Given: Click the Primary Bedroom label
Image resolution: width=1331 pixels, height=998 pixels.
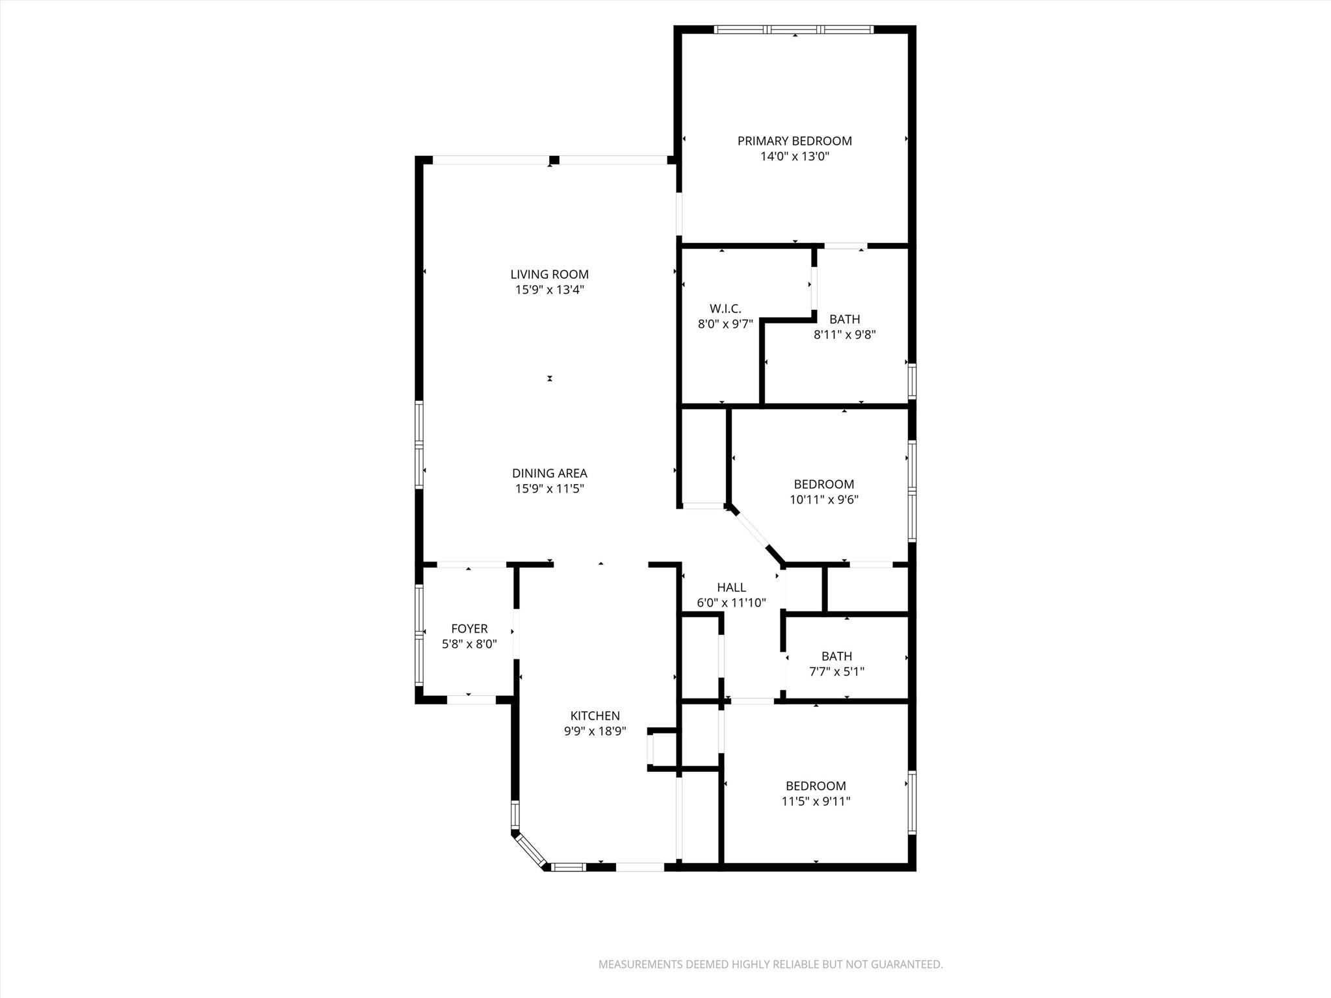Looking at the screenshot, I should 794,141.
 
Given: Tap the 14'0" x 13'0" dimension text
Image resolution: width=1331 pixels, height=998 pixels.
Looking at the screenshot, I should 794,157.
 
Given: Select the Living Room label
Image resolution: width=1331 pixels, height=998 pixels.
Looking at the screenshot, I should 549,275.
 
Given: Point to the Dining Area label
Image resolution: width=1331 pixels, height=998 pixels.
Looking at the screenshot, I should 549,474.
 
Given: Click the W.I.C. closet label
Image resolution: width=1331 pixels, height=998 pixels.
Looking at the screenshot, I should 725,309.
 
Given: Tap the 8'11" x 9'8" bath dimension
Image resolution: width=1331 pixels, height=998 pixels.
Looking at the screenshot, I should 844,335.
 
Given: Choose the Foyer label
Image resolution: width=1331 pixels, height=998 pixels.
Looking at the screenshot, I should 469,629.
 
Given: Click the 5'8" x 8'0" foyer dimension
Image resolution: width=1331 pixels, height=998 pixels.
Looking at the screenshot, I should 469,645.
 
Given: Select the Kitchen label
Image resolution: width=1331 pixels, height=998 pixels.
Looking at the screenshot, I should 595,716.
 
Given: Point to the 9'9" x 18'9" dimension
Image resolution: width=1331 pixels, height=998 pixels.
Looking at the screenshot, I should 595,732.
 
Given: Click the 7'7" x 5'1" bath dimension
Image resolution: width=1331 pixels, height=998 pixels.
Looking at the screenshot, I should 836,672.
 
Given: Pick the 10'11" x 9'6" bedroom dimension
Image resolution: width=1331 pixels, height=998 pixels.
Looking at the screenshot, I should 823,500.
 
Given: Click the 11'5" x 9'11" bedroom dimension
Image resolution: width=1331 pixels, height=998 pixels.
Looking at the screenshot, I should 816,802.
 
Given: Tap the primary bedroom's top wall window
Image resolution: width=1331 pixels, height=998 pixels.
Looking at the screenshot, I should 794,29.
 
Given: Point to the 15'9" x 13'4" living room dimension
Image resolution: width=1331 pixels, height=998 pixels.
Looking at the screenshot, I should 549,290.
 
